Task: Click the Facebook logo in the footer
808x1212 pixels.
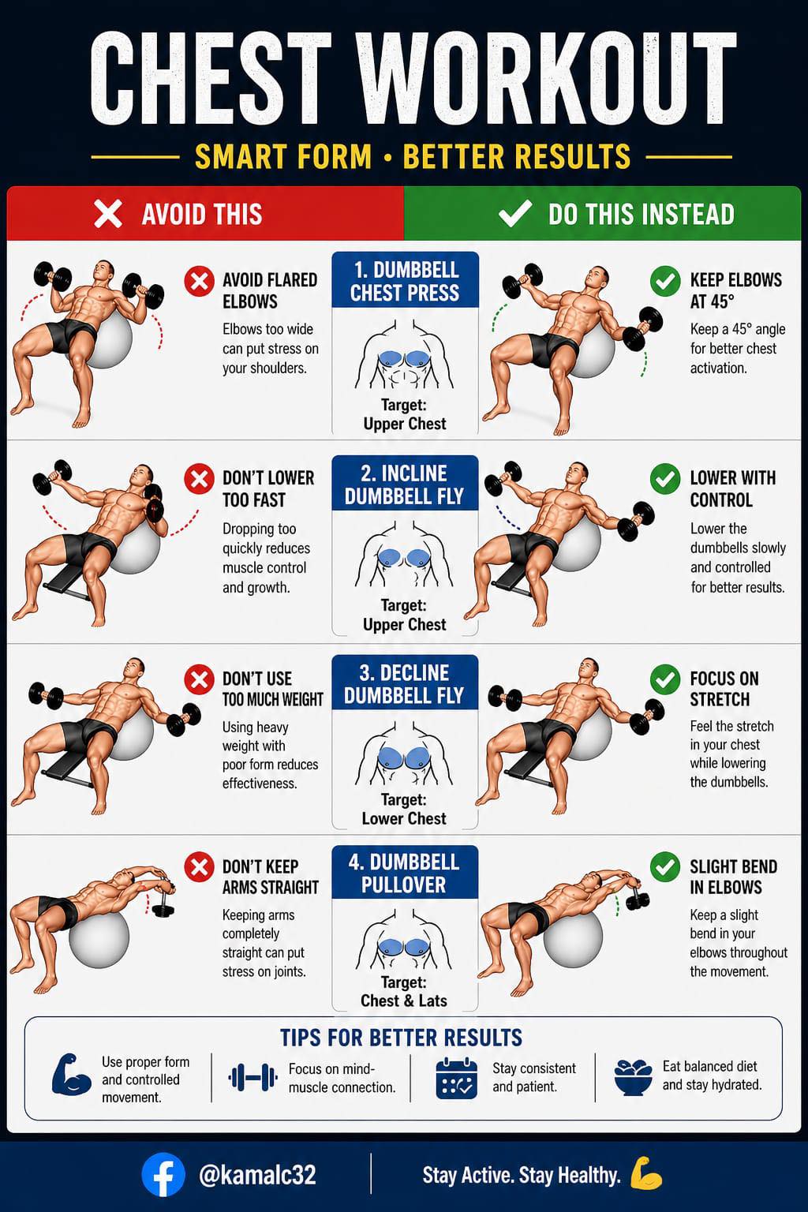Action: (x=163, y=1175)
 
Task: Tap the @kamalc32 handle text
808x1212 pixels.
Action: (x=257, y=1175)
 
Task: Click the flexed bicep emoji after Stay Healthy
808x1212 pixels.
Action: (x=646, y=1173)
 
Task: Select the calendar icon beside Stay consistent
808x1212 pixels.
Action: (x=456, y=1079)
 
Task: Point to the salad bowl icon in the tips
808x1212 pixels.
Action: (x=633, y=1077)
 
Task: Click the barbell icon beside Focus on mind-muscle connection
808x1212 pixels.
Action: (x=252, y=1077)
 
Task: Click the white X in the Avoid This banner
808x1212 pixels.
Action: (x=108, y=214)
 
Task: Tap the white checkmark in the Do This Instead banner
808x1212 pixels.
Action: (x=514, y=213)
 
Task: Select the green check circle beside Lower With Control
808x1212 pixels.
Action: (x=665, y=479)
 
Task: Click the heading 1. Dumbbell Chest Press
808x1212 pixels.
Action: (x=405, y=282)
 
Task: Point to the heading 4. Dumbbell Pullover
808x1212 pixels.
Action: (x=404, y=873)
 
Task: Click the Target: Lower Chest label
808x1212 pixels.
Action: (x=404, y=809)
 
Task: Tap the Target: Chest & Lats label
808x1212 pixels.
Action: (x=404, y=991)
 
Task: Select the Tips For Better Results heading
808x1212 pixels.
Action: (x=401, y=1038)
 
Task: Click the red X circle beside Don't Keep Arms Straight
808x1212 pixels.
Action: (x=199, y=867)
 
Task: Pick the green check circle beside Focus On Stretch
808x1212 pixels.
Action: (x=665, y=679)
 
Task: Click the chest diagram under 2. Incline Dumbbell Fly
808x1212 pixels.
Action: (x=404, y=555)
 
